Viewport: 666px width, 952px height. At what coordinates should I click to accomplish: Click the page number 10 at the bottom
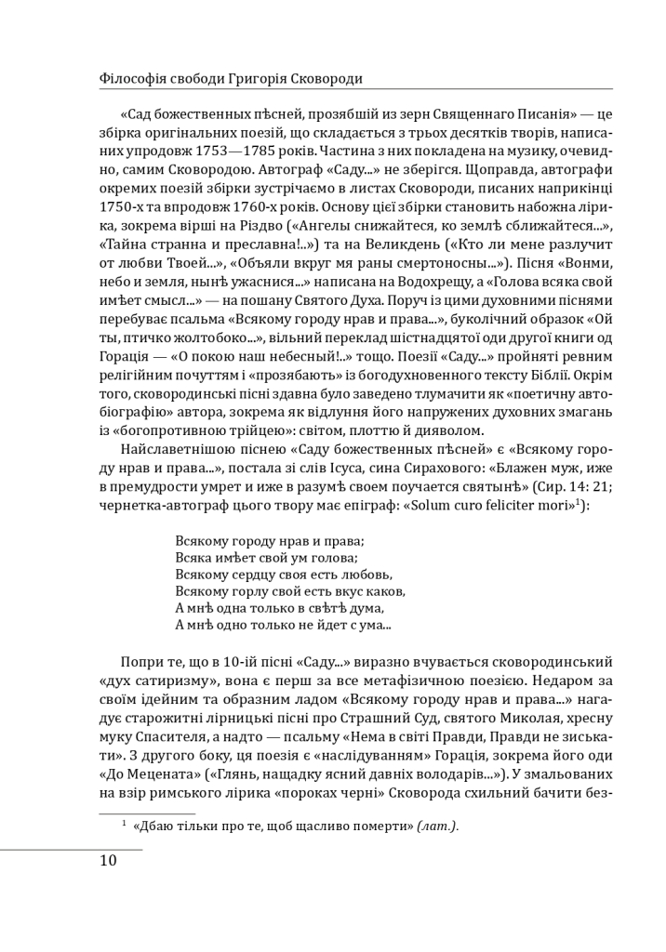coord(108,860)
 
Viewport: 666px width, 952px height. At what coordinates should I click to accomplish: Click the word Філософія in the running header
coord(131,78)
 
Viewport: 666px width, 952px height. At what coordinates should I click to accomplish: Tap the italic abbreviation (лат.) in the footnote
coord(437,826)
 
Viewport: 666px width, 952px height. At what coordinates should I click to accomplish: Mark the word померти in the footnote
coord(378,826)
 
